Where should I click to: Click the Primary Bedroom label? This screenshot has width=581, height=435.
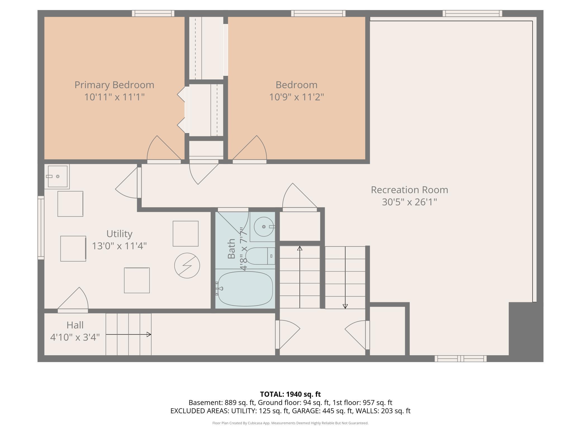(x=114, y=85)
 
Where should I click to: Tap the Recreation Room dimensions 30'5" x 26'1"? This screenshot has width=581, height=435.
(x=409, y=202)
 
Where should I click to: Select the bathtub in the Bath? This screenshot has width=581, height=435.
(x=245, y=289)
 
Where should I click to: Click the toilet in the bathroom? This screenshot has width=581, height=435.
(x=260, y=256)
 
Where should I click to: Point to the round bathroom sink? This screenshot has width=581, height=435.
(x=264, y=227)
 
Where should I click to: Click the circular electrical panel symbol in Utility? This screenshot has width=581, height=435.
(x=187, y=265)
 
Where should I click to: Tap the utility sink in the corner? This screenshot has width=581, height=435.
(x=57, y=176)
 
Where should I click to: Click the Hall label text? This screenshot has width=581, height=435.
(x=75, y=325)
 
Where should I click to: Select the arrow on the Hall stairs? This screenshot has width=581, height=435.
(x=128, y=334)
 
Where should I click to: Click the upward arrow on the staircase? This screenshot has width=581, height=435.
(x=300, y=277)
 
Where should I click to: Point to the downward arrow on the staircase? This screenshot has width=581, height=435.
(x=345, y=277)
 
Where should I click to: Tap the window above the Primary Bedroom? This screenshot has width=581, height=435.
(x=153, y=13)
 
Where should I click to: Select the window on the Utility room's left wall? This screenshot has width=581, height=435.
(x=41, y=228)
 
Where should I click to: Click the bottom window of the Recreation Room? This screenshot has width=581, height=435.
(x=461, y=359)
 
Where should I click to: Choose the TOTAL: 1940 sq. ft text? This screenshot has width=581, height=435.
(x=290, y=394)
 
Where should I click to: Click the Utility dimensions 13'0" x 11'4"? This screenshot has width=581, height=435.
(x=119, y=246)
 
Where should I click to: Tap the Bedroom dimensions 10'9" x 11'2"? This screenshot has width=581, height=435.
(x=296, y=97)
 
